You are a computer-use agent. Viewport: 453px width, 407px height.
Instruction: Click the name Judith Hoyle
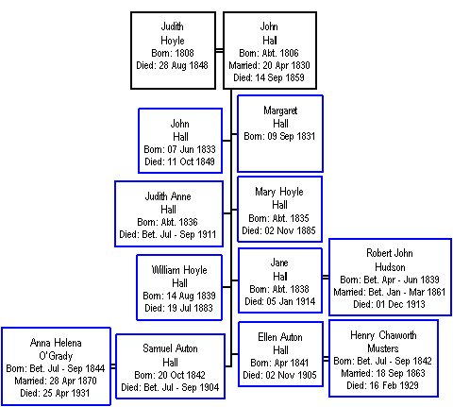coord(173,33)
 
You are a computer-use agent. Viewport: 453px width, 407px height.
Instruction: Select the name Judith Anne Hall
coord(168,203)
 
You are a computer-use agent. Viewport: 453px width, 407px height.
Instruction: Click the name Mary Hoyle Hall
coord(279,198)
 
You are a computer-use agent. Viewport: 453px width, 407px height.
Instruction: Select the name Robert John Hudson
coord(390,260)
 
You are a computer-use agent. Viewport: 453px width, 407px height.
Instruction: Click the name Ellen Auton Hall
coord(280,344)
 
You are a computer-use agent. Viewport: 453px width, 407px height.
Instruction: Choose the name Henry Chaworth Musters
coord(383,342)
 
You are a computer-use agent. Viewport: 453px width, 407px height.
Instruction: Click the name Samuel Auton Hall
coord(170,355)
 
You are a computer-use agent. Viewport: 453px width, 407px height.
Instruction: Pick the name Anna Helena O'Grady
coord(56,349)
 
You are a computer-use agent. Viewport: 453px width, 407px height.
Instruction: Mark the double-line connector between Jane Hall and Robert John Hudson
coord(326,277)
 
